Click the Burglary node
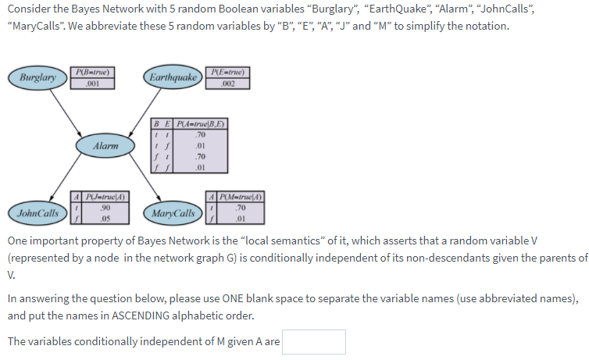(37, 78)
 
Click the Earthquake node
(172, 77)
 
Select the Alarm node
(105, 146)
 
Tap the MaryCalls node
(173, 213)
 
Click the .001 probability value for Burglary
(92, 84)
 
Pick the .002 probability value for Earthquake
(227, 84)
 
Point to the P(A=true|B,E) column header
(200, 123)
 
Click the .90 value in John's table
(105, 208)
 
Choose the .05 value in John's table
(105, 218)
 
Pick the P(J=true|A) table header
(105, 197)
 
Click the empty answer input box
(314, 342)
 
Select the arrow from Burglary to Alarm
(71, 112)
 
